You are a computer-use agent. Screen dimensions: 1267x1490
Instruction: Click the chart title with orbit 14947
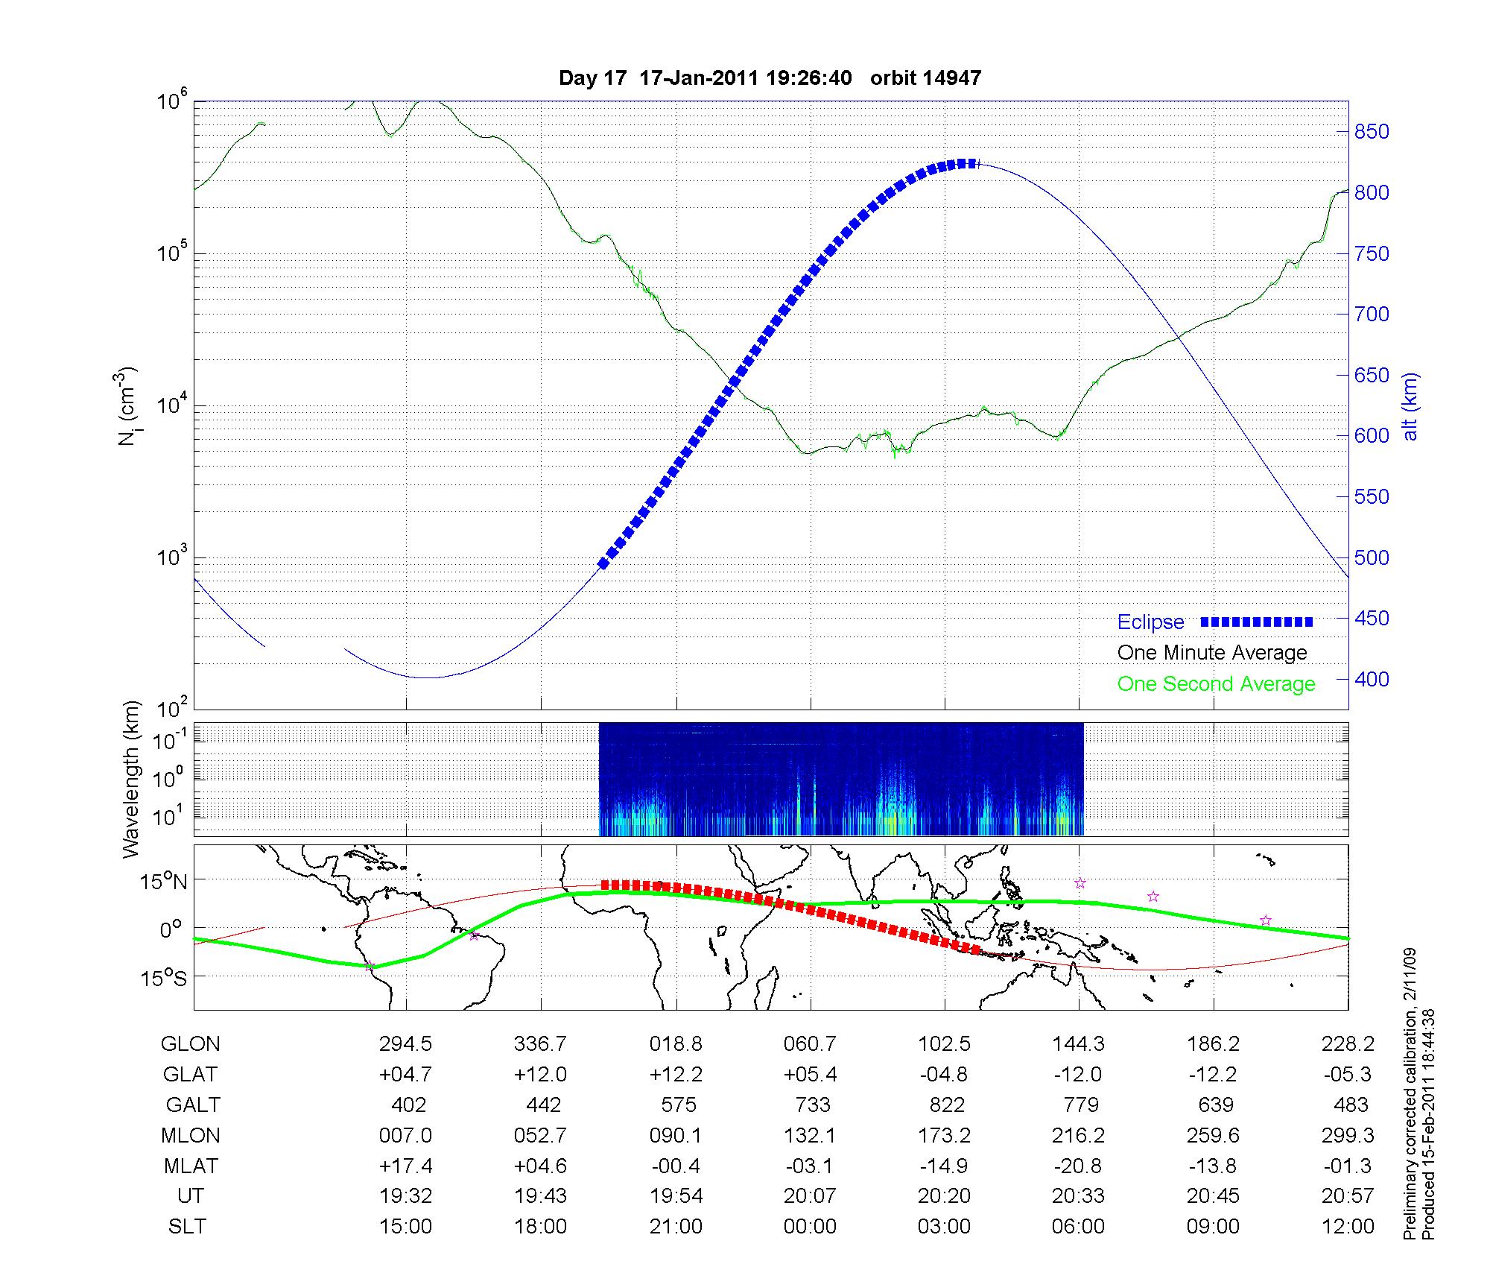(x=770, y=78)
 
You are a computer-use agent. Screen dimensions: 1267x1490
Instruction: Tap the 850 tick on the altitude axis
(x=1371, y=132)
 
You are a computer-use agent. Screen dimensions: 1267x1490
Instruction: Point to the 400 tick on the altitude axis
(x=1371, y=679)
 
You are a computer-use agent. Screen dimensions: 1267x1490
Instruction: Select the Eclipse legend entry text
(x=1150, y=622)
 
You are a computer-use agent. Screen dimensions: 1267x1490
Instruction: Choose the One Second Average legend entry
(x=1216, y=684)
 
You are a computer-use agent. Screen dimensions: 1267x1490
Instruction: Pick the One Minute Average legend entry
(x=1212, y=653)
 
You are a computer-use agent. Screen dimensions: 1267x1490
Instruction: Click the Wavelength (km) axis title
(x=131, y=780)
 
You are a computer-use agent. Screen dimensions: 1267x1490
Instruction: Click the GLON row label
(x=190, y=1044)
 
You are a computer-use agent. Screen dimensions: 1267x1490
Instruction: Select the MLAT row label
(x=190, y=1166)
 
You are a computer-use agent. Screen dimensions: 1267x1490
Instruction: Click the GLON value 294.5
(x=406, y=1044)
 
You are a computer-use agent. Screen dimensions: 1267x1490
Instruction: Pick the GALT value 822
(x=947, y=1105)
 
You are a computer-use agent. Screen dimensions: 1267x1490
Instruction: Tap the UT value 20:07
(x=810, y=1195)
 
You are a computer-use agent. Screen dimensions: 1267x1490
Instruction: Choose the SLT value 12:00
(x=1348, y=1226)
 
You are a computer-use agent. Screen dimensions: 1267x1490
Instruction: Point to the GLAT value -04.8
(x=944, y=1074)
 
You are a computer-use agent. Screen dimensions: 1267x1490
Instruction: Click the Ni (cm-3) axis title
(x=127, y=406)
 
